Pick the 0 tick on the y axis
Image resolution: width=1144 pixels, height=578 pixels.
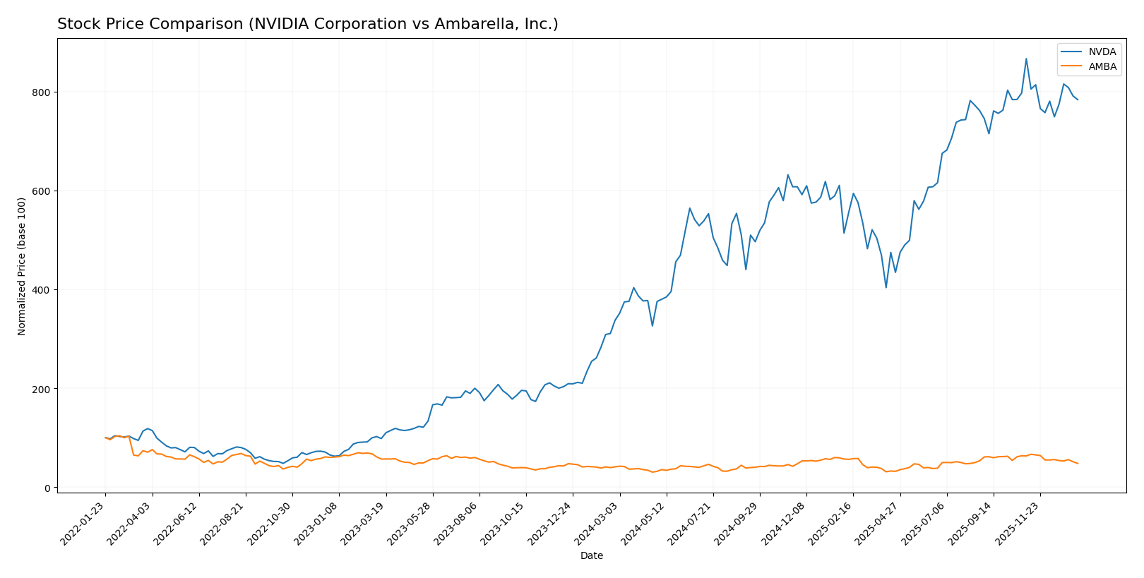point(47,488)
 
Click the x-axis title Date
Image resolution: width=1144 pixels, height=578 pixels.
point(591,556)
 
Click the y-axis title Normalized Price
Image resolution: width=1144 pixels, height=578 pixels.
point(22,266)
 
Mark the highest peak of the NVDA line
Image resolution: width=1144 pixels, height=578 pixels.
point(1026,59)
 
